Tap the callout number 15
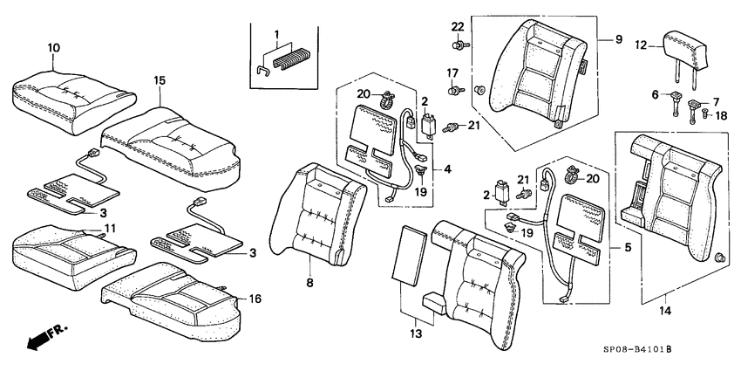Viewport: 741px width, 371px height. [159, 81]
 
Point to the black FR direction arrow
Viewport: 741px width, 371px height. [38, 339]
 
